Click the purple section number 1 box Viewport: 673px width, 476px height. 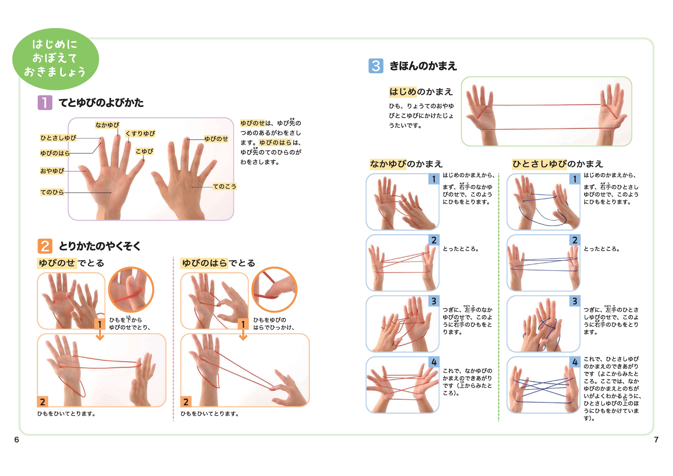tap(45, 103)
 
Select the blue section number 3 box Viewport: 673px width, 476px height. tap(376, 66)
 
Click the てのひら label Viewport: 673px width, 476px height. tap(52, 192)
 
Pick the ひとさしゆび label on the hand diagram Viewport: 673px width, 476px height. tap(58, 138)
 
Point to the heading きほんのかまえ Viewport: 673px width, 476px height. tap(423, 66)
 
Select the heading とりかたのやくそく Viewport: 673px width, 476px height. tap(100, 246)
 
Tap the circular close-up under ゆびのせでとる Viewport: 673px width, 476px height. tap(131, 290)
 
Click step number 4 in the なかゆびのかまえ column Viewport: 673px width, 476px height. tap(434, 362)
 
